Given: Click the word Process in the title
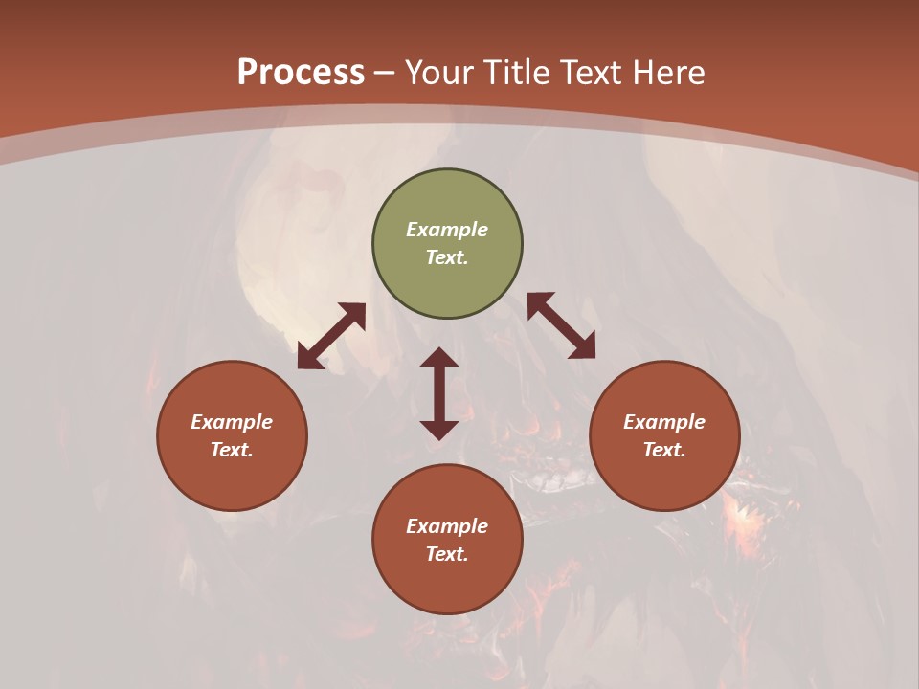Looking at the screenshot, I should pos(301,73).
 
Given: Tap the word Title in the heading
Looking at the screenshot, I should pos(518,73).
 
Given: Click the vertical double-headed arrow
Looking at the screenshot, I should pos(439,393).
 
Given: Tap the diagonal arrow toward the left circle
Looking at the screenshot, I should pos(331,336).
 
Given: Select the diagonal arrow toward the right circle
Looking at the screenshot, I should pos(561,325).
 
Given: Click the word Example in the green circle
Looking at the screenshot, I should pos(447,230).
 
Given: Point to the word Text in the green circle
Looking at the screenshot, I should pos(447,257).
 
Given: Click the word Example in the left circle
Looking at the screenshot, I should pos(232,422).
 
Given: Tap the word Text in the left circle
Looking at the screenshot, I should pos(232,450).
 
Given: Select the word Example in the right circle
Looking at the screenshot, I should pos(664,422).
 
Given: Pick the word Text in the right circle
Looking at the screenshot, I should pos(664,450).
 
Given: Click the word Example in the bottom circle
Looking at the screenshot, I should pos(447,526).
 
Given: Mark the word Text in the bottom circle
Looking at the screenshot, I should pos(447,554).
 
